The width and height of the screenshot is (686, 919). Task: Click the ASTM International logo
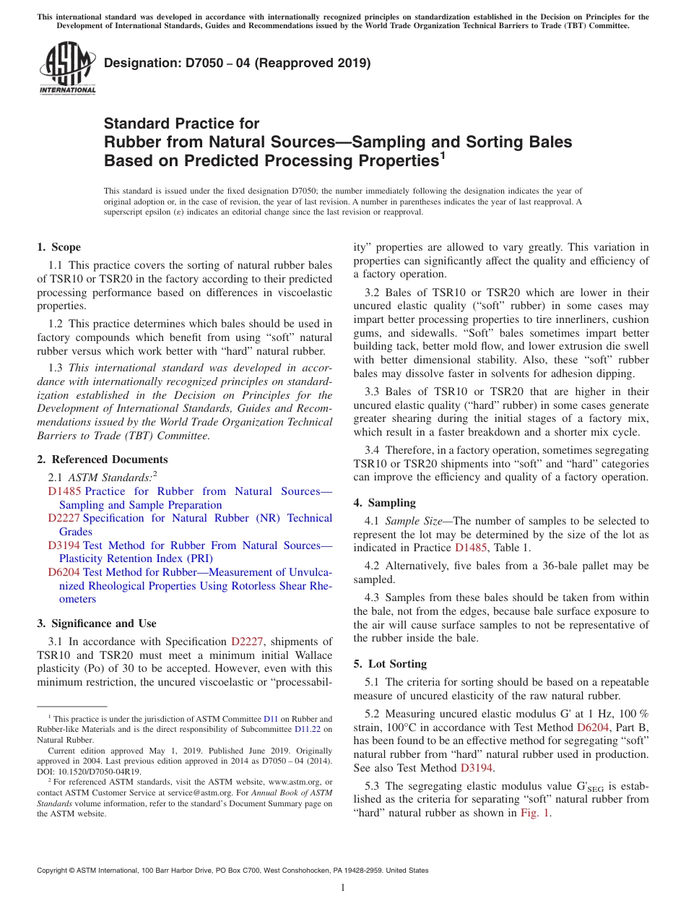[x=67, y=69]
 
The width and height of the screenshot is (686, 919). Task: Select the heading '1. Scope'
[x=58, y=247]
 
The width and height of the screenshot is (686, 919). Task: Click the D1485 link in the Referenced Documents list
[x=62, y=491]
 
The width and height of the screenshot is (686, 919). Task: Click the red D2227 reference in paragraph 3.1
[x=246, y=642]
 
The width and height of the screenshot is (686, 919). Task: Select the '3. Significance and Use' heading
[x=96, y=624]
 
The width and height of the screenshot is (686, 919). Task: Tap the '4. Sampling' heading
[x=384, y=503]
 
